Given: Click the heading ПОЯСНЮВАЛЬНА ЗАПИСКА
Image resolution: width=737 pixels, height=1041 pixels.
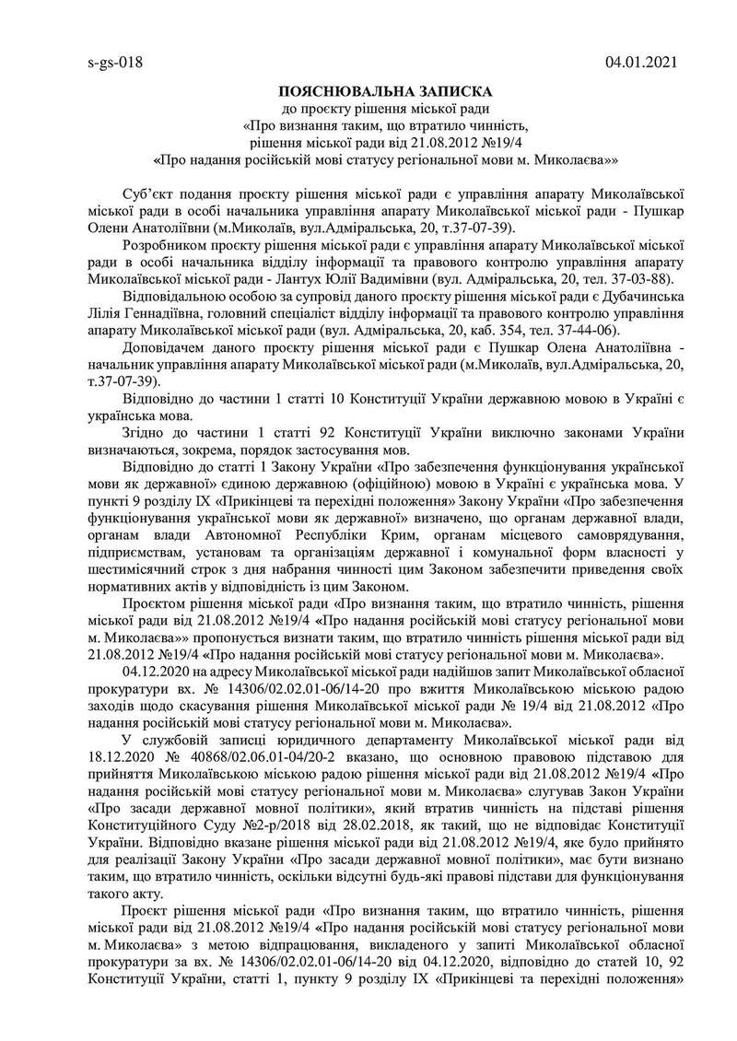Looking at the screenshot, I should pos(386,92).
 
